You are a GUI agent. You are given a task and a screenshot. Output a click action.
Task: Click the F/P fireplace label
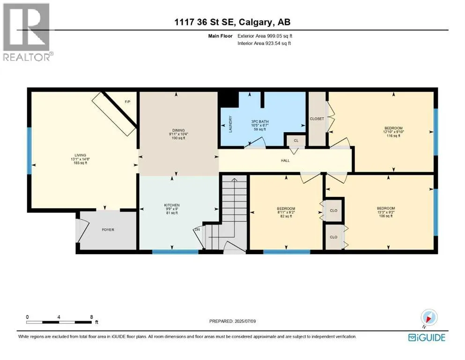click(127, 102)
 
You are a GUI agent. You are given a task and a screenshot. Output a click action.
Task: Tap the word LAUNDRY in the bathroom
click(230, 124)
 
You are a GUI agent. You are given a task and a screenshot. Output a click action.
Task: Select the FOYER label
click(108, 230)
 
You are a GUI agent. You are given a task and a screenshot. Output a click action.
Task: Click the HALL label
click(285, 161)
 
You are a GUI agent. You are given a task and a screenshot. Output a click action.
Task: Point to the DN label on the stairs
click(197, 229)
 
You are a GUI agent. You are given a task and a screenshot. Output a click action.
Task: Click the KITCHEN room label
click(172, 205)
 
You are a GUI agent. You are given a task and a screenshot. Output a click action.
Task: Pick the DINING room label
click(178, 130)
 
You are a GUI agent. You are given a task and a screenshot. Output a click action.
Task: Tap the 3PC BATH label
click(260, 122)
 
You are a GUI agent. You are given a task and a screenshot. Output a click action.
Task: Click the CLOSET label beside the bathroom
click(317, 119)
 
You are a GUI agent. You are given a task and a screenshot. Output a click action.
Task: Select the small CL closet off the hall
click(296, 141)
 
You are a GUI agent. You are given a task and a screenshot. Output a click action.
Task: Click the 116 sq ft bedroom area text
click(393, 136)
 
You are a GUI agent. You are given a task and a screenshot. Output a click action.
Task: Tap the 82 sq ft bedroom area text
click(286, 217)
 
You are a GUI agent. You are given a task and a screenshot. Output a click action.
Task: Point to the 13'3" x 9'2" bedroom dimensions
click(386, 212)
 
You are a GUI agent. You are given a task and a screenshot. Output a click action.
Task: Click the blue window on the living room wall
click(30, 151)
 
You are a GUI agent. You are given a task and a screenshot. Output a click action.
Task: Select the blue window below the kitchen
click(175, 252)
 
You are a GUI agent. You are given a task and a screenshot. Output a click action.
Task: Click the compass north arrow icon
click(429, 318)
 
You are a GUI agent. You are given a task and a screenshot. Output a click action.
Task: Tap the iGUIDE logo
click(427, 338)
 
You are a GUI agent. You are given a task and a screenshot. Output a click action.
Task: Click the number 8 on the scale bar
click(91, 317)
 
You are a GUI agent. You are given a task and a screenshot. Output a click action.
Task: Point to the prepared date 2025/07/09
click(245, 321)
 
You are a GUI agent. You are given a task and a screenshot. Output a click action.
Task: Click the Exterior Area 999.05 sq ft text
click(265, 36)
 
